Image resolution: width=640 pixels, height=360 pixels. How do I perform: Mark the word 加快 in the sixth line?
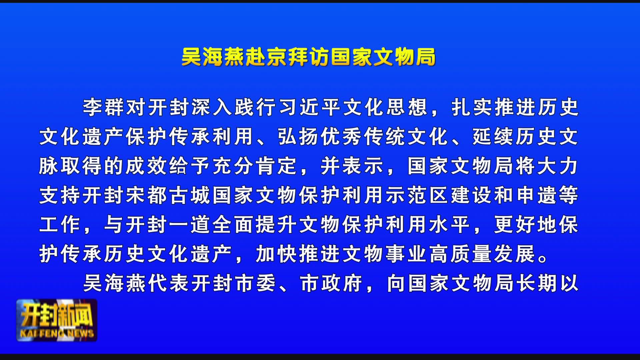click(x=277, y=254)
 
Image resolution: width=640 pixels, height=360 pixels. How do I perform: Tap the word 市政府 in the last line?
click(x=332, y=283)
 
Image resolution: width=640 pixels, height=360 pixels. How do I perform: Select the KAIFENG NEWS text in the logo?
click(x=57, y=333)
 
